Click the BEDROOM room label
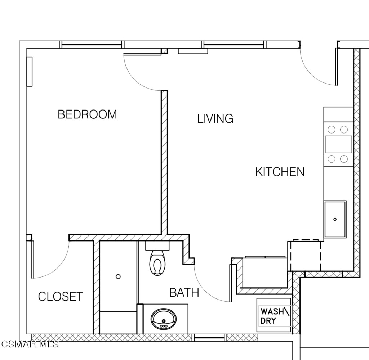click(x=87, y=114)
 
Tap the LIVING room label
click(x=215, y=118)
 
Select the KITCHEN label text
click(x=280, y=172)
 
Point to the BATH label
click(x=184, y=293)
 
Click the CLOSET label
click(x=61, y=297)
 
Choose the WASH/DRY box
click(x=274, y=315)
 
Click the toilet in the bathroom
click(x=157, y=263)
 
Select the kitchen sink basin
click(x=335, y=219)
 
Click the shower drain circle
click(x=118, y=276)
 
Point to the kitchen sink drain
click(x=335, y=219)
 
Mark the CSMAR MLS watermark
click(x=30, y=344)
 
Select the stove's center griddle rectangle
click(x=338, y=144)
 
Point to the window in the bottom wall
click(x=210, y=338)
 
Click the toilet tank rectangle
click(x=157, y=246)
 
